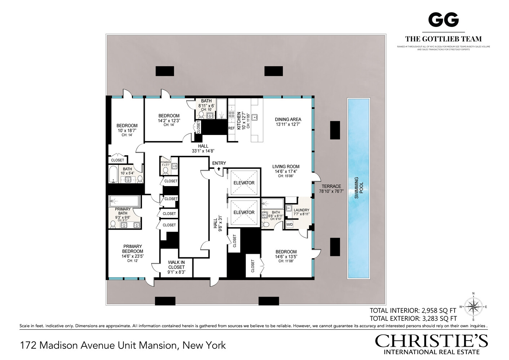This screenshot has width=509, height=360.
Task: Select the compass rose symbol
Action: [x=473, y=307]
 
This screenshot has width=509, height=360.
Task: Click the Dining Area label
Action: [x=288, y=120]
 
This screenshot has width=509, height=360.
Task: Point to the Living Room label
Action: [x=286, y=167]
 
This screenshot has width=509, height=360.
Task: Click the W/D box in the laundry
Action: [x=290, y=225]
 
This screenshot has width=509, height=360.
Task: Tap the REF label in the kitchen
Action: [x=231, y=128]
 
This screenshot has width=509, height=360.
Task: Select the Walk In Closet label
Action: [x=176, y=265]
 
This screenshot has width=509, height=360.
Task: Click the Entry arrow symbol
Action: [x=219, y=168]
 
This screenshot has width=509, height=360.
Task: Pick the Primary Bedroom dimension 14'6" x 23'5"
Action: [x=133, y=256]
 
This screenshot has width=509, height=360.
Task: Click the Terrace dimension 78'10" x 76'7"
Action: [x=331, y=192]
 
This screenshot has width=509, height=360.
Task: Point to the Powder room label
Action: [x=166, y=162]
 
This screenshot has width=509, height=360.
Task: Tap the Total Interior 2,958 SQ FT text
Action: [x=413, y=311]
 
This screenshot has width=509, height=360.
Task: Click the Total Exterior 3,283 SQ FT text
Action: [x=413, y=319]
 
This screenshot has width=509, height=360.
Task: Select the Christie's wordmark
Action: [x=431, y=341]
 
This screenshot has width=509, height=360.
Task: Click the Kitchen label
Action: [x=238, y=121]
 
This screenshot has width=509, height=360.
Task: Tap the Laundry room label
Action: [x=301, y=210]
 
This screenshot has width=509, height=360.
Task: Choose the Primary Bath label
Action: [x=123, y=211]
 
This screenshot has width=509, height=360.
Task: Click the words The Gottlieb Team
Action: [x=443, y=39]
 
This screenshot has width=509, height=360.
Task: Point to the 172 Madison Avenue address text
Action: [x=123, y=346]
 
